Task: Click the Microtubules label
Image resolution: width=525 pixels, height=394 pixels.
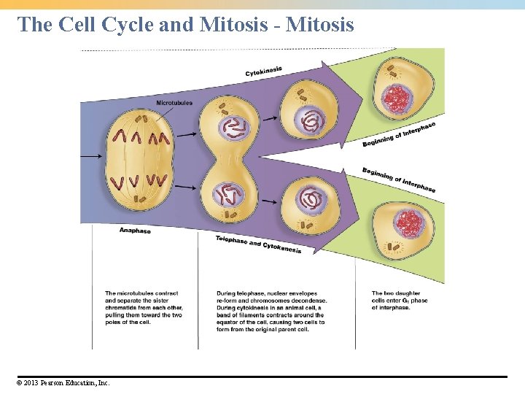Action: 174,103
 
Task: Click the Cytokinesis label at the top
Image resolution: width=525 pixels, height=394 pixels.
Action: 264,72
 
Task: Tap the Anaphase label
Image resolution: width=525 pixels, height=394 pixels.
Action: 135,231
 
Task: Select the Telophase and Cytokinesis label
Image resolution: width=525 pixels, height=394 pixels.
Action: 258,244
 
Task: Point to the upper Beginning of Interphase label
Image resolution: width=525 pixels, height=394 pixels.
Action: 399,134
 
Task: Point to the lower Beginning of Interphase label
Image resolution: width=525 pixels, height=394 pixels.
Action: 399,179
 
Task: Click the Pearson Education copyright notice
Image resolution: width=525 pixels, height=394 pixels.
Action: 62,382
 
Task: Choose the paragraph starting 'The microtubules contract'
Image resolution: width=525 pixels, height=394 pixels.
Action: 144,308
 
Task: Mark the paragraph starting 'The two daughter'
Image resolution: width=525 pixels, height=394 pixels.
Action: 400,301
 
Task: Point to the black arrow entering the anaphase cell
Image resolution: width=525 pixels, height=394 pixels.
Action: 91,156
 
